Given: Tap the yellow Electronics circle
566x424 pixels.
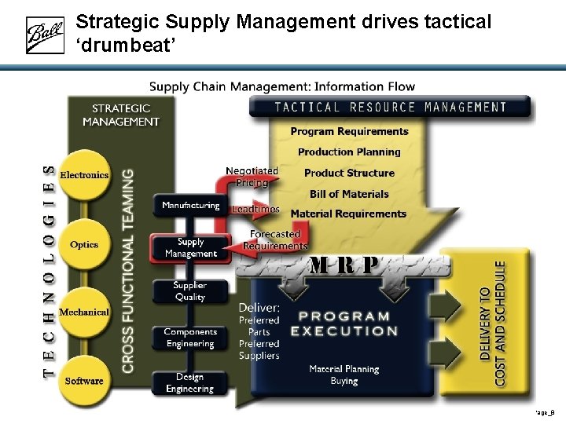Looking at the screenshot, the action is coord(84,174).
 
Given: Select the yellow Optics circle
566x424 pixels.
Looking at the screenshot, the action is coord(84,244).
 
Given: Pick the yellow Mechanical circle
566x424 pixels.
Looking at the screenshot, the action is coord(84,312).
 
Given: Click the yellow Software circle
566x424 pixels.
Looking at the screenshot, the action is coord(84,381).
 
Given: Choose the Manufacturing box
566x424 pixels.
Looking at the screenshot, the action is coord(190,206).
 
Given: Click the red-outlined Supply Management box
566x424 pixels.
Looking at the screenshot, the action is coord(190,247).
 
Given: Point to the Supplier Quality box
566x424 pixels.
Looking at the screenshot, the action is coord(190,291).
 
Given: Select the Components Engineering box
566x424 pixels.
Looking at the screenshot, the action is coord(190,338).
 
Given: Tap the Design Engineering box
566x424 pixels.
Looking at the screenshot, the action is coord(190,383).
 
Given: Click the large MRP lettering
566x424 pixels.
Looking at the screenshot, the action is coord(344,265).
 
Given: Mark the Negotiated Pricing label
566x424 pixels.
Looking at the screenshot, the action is coord(252,177).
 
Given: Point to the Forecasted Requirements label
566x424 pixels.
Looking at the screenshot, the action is coord(274,239).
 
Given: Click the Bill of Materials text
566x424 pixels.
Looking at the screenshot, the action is coord(349,194).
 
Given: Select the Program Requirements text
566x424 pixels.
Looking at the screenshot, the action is coord(349,131).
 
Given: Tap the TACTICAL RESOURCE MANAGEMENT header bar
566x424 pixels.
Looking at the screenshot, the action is coord(390,107).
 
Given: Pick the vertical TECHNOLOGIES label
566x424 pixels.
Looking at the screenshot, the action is coord(49,271).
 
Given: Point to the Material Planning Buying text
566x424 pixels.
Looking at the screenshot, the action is coord(344,375).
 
